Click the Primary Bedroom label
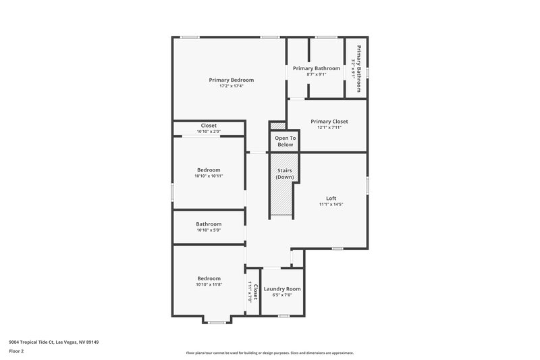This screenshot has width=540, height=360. pos(231,80)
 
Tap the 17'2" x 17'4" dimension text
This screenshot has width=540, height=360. pos(231,86)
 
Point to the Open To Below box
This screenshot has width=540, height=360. pos(285,141)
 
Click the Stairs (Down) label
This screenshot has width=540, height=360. pos(284,174)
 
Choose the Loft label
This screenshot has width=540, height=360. pos(331,198)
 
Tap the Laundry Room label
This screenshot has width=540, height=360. pos(282,288)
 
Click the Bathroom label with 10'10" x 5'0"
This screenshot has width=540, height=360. pos(209,224)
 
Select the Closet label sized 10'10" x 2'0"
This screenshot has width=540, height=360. pos(209,126)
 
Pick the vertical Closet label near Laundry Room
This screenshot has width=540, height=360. pos(255,292)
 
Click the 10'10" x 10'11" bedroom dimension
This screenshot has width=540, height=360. pos(209,176)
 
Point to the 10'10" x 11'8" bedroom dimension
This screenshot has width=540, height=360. pos(209,284)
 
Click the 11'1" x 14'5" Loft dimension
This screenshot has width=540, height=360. pos(331,204)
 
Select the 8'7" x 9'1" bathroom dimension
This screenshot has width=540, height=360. pos(316,74)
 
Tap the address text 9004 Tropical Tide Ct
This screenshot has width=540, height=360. pos(54,342)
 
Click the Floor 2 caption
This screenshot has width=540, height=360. pos(16,351)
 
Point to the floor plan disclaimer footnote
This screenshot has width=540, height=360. pos(270,353)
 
